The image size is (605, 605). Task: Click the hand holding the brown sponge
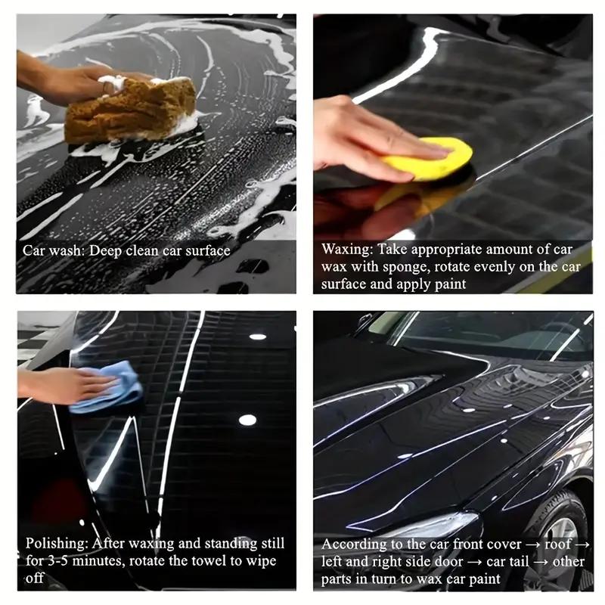pyautogui.click(x=68, y=79)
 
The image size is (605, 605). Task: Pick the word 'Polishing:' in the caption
pyautogui.click(x=57, y=544)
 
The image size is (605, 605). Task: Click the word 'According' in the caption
pyautogui.click(x=351, y=544)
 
